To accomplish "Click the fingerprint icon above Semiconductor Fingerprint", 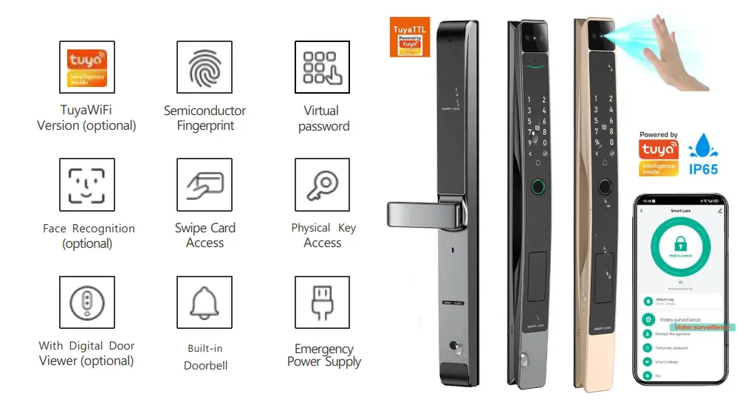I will click(205, 68).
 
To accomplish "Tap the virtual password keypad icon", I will click(323, 68).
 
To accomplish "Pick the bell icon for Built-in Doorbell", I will click(205, 303).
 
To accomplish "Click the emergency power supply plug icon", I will click(323, 303).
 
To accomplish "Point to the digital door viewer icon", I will click(87, 303).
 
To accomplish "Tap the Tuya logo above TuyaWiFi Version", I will click(87, 68).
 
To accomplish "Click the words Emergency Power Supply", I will click(323, 355).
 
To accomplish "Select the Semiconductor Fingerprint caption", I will click(205, 118).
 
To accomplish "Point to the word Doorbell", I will click(205, 365).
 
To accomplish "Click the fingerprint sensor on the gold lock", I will click(604, 187).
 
